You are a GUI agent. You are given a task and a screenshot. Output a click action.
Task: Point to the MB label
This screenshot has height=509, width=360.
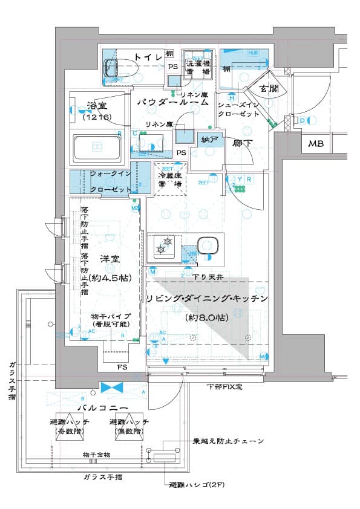tap(315, 144)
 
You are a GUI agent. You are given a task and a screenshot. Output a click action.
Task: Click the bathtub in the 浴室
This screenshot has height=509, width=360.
tap(97, 146)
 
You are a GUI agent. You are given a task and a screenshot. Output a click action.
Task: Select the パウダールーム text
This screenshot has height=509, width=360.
tap(172, 103)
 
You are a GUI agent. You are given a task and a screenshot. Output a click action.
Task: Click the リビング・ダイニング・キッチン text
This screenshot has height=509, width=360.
tap(206, 299)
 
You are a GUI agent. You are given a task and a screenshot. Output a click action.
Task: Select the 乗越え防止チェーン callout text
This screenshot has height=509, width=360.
tap(229, 441)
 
